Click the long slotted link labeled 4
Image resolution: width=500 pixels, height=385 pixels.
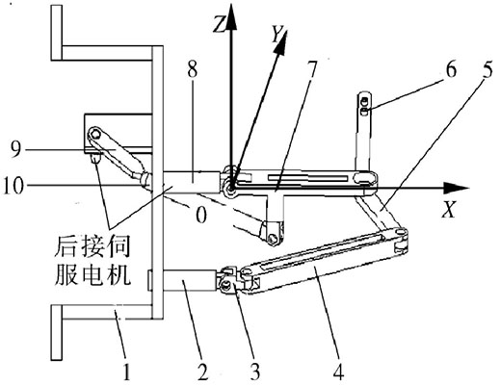coord(328,258)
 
